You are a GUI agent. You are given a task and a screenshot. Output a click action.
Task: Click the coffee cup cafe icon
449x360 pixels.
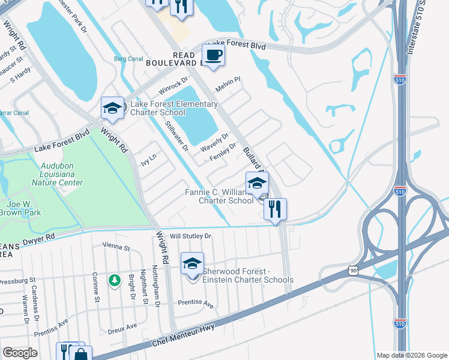coord(213,55)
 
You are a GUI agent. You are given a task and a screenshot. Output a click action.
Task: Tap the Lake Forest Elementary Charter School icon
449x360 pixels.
coord(112,108)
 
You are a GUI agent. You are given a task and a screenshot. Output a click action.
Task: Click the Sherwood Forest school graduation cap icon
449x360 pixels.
coord(193,264)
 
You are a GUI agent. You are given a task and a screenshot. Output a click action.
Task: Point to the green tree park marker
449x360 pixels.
coord(114,280)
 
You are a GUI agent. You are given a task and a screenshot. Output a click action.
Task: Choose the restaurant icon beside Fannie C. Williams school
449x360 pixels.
coord(275,209)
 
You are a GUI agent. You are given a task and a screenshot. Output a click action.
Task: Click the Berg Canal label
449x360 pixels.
coord(127,59)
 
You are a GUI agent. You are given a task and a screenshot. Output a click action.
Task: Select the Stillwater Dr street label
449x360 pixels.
coord(176,135)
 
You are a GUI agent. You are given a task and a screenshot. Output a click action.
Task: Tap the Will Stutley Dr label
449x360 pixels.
coord(190,236)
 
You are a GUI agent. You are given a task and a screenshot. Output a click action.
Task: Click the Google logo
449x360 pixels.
coord(20,353)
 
